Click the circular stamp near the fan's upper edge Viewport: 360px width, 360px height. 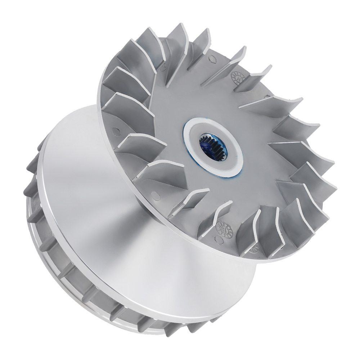coord(239,76)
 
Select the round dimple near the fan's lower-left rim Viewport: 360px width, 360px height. coord(156,195)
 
